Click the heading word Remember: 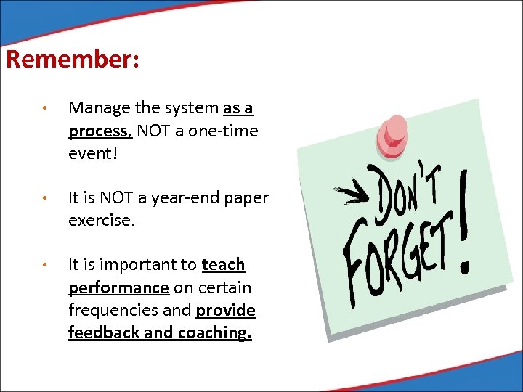(72, 59)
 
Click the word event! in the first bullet (93, 153)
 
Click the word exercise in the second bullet (100, 220)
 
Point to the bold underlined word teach (223, 265)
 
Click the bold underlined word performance (118, 287)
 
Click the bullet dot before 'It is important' (44, 266)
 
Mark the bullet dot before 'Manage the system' (44, 109)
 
